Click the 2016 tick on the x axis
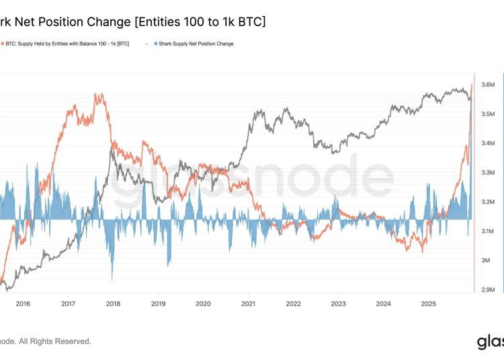pos(22,303)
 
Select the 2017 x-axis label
pos(67,303)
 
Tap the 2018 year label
pos(113,303)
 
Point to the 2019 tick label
pos(158,303)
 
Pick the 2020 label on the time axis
pos(203,303)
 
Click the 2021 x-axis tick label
pos(249,303)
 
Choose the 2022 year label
pos(294,303)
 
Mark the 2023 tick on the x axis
pos(339,303)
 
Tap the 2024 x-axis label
pos(384,303)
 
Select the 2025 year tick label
pos(429,303)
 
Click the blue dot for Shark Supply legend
pos(156,44)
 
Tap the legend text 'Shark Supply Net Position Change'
pos(196,44)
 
